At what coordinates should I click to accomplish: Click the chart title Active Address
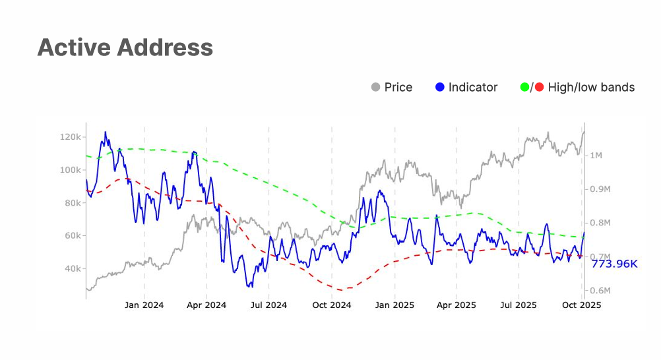(x=125, y=47)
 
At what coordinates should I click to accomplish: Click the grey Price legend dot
(x=376, y=87)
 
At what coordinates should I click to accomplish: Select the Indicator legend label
(x=473, y=87)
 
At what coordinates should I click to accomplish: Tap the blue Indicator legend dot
(x=441, y=87)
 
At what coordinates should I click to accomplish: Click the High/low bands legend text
(x=591, y=87)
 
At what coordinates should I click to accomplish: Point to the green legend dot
(x=525, y=87)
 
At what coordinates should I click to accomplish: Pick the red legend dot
(x=539, y=87)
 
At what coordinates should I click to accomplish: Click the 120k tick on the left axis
(x=69, y=137)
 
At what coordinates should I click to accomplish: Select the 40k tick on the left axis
(x=71, y=269)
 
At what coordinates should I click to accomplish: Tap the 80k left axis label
(x=71, y=203)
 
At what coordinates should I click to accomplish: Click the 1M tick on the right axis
(x=595, y=156)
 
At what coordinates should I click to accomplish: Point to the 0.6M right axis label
(x=600, y=291)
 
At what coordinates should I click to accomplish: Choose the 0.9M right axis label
(x=600, y=189)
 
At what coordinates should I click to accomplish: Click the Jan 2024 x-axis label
(x=144, y=305)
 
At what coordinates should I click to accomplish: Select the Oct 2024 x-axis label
(x=332, y=305)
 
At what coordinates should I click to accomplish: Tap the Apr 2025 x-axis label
(x=456, y=305)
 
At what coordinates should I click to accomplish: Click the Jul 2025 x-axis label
(x=519, y=305)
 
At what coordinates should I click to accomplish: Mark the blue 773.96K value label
(x=614, y=264)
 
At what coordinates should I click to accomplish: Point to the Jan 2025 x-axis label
(x=394, y=305)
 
